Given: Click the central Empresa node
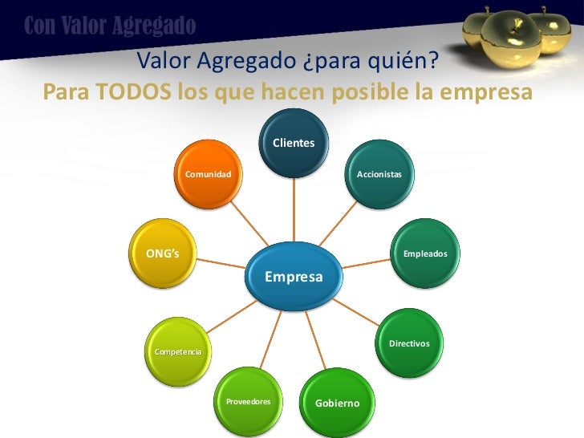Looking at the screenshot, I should pyautogui.click(x=294, y=277).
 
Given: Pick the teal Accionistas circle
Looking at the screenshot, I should pyautogui.click(x=379, y=173).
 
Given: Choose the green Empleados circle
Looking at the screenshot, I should pyautogui.click(x=426, y=253).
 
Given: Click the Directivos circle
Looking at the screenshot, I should pyautogui.click(x=409, y=343).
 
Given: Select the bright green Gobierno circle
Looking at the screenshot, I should pyautogui.click(x=337, y=402).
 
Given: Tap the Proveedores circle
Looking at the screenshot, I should pyautogui.click(x=248, y=400).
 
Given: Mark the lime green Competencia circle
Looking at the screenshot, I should pyautogui.click(x=177, y=351).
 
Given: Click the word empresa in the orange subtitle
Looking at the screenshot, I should pyautogui.click(x=487, y=93).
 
